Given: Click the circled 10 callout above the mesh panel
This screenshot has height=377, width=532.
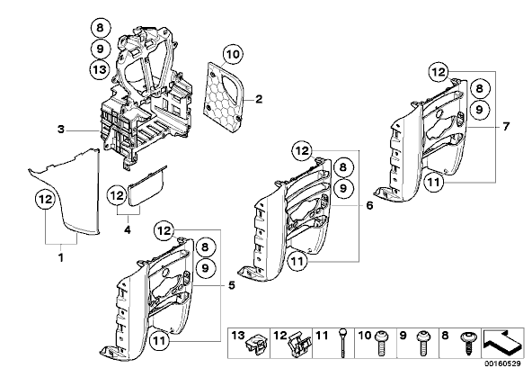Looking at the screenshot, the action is pos(233,54).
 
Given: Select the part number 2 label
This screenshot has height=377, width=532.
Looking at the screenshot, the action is pos(259,100).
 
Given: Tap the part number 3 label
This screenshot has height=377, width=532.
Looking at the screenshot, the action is pos(61,130).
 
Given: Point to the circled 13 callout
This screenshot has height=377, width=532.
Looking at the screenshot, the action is pos(100,69).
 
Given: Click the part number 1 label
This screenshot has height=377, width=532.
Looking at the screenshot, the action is pos(61,258).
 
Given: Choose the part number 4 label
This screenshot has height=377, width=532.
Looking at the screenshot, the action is pos(128,230).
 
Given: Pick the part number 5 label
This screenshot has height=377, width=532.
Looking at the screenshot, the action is pos(231,285).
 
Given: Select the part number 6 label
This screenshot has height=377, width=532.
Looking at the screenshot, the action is pos(369,205).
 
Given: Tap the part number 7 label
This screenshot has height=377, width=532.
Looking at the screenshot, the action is pos(506,127).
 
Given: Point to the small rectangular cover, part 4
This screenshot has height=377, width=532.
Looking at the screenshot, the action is pos(146,187).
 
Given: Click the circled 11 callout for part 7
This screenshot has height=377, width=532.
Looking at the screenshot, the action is pos(433,183).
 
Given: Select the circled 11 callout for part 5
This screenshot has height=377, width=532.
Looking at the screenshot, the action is pos(159,340).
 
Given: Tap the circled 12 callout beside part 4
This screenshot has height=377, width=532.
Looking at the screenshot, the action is pos(117,195).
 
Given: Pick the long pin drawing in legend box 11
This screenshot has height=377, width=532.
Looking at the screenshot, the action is pos(343,342).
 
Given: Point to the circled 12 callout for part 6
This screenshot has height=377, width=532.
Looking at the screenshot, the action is pos(302,150).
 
